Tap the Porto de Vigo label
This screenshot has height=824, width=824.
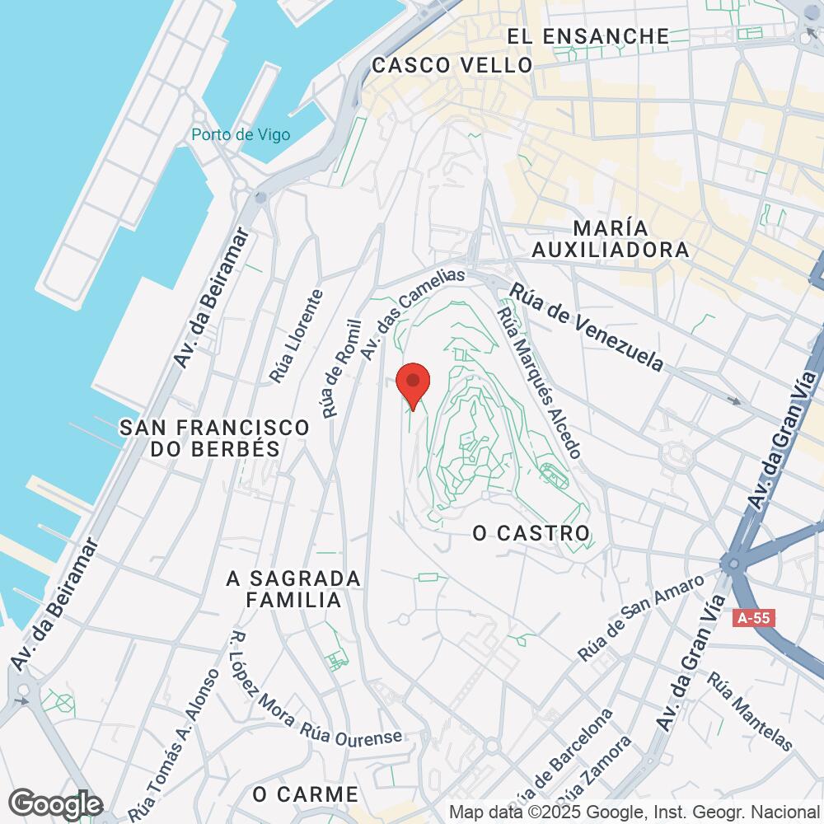point(241,134)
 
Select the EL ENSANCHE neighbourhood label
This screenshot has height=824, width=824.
point(588,36)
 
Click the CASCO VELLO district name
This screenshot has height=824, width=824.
point(452,66)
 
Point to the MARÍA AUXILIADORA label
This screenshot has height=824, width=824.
point(610,238)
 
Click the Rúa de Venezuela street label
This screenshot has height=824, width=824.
point(587,327)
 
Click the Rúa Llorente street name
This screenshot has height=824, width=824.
point(294,336)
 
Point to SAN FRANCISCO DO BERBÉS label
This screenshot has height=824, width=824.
point(214,438)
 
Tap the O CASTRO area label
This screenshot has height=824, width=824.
point(531,533)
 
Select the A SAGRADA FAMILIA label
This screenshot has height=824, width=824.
point(293,589)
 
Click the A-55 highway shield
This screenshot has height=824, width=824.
point(756,617)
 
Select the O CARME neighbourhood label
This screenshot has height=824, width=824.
point(306,794)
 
